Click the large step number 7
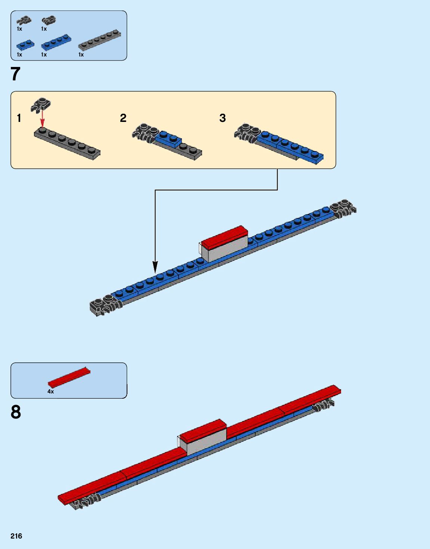click(x=15, y=74)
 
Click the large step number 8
click(x=16, y=412)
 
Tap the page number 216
click(x=16, y=536)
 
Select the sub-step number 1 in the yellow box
click(x=19, y=118)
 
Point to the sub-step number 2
click(x=123, y=118)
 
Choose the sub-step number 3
click(x=223, y=118)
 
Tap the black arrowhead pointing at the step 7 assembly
click(x=155, y=267)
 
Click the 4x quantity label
click(x=50, y=392)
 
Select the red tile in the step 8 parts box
click(x=69, y=377)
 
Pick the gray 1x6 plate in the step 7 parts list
click(x=99, y=40)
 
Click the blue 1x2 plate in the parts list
click(x=25, y=45)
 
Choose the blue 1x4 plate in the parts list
click(x=56, y=42)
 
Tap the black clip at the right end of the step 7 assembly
click(x=344, y=208)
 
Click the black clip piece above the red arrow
click(x=41, y=104)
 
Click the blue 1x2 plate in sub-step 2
click(x=168, y=138)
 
